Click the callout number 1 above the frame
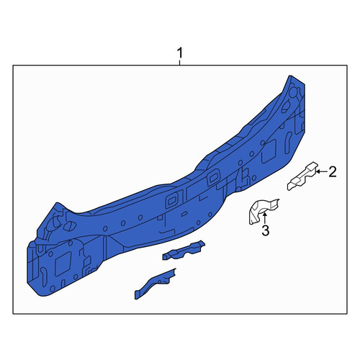pos(180,53)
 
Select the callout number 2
pos(333,172)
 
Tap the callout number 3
pos(266,230)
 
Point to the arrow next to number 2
pos(322,171)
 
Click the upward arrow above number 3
pos(264,218)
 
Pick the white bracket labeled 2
pos(302,176)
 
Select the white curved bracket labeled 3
pos(263,210)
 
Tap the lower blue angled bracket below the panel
pos(155,283)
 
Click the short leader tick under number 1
pos(180,62)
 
